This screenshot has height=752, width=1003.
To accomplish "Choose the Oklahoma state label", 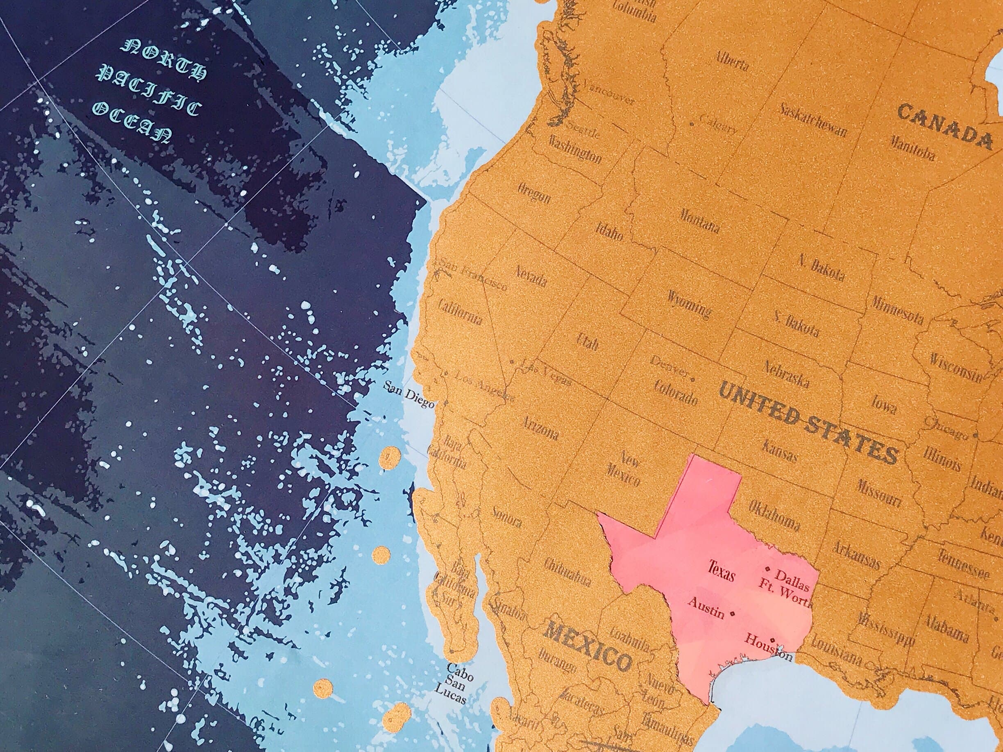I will [x=774, y=515].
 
